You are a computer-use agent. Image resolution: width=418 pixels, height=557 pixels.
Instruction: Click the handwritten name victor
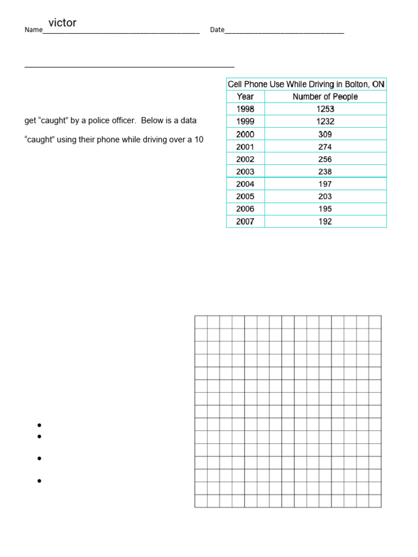63,23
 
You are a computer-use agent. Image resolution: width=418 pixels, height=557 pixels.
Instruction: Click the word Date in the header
217,30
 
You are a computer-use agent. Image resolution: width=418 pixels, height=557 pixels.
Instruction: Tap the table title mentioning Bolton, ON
306,84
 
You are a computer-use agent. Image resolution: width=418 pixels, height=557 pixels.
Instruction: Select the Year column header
245,97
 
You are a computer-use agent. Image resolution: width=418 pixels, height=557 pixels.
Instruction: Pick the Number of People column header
325,97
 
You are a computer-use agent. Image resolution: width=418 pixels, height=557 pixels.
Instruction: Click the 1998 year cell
245,109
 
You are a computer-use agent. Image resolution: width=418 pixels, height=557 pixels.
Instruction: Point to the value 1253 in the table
325,109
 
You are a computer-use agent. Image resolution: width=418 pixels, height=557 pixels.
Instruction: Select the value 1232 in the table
325,122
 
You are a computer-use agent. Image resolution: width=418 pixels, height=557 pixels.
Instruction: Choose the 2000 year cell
245,134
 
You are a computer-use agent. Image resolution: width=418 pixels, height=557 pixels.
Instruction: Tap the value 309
325,134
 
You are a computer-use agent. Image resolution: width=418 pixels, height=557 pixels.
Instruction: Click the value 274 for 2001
325,147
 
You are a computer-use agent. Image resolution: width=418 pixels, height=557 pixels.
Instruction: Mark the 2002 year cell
245,159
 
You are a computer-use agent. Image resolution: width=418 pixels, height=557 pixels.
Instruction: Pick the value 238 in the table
325,172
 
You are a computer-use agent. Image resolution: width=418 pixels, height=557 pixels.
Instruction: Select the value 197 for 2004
325,184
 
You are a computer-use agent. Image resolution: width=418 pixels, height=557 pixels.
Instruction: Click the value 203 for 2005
325,197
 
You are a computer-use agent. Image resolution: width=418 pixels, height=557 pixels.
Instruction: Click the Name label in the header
33,30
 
